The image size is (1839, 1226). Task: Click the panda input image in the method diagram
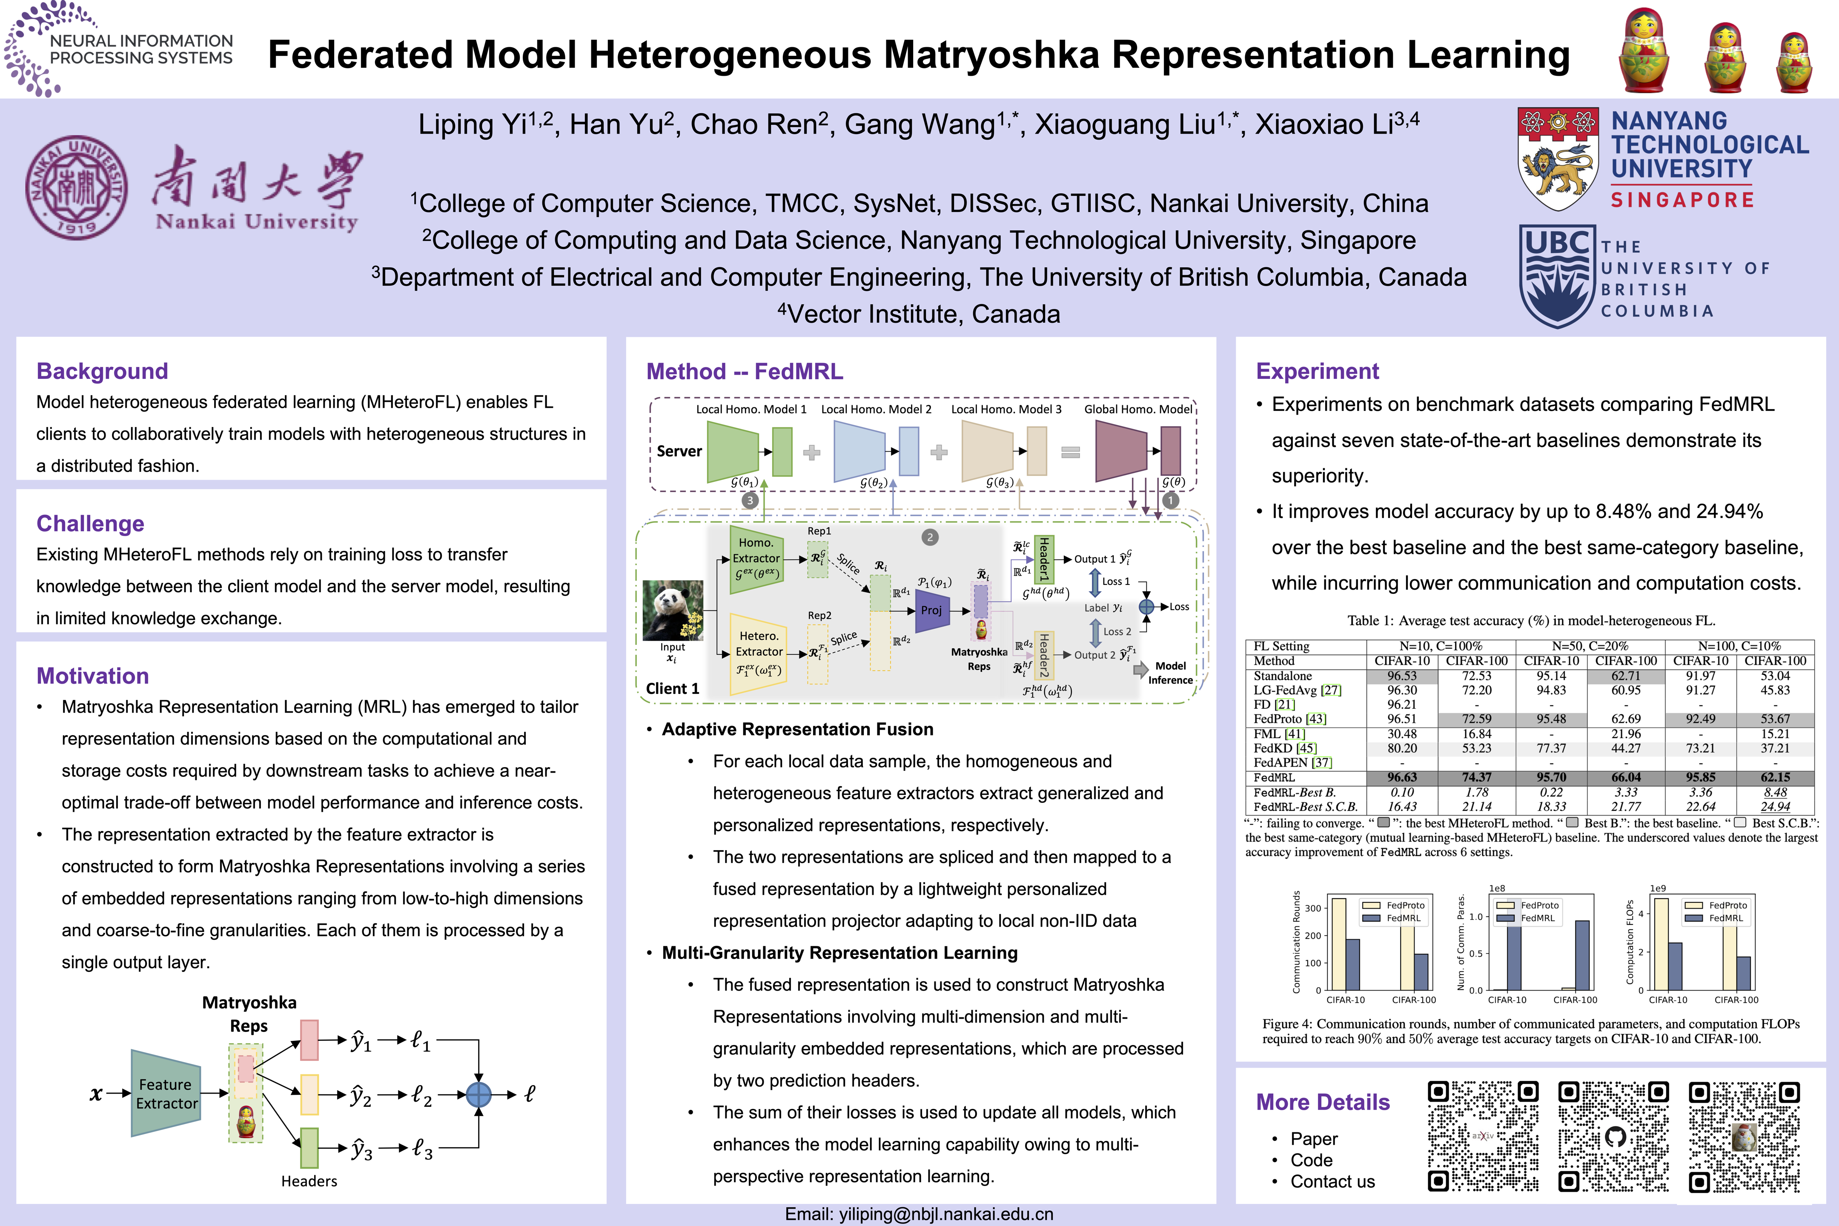click(x=673, y=610)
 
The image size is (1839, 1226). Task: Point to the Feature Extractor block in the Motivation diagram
click(x=166, y=1093)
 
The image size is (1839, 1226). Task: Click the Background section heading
click(x=103, y=371)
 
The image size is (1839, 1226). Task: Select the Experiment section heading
click(x=1318, y=371)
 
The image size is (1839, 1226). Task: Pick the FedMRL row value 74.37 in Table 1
click(x=1476, y=777)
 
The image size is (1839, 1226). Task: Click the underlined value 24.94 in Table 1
click(x=1775, y=806)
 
